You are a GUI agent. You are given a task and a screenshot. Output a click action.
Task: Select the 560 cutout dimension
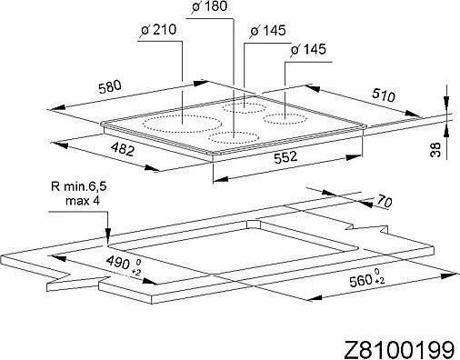361,283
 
